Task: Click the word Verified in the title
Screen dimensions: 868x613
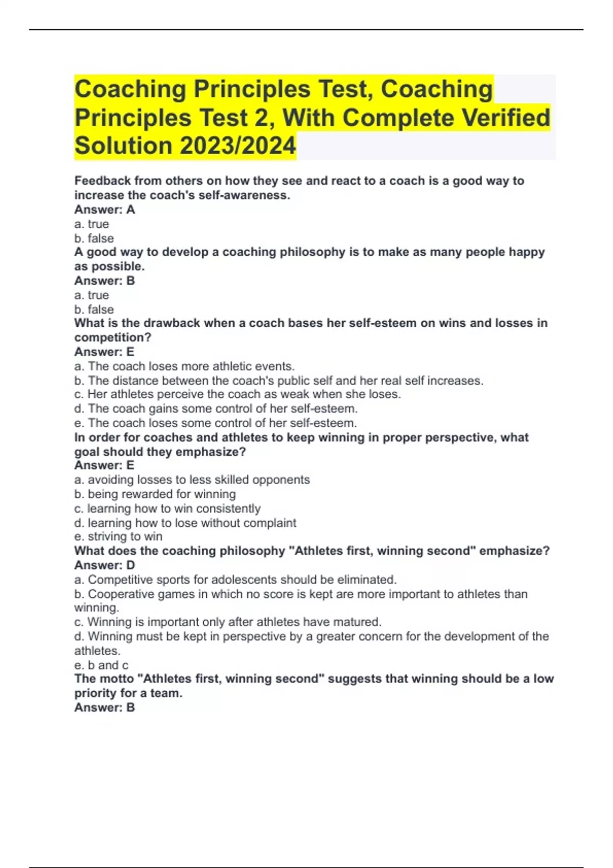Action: click(506, 117)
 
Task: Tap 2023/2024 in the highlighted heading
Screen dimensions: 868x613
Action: click(238, 146)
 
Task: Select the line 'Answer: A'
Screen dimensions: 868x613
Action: click(105, 209)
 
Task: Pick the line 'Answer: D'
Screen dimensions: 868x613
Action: click(105, 565)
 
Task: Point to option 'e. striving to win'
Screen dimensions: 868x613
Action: click(119, 537)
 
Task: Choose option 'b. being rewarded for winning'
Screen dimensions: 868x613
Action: click(155, 494)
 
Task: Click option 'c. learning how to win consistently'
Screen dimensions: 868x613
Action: click(168, 509)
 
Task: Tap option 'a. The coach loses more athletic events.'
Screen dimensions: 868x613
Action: click(184, 366)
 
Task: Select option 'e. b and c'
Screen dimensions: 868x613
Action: click(101, 665)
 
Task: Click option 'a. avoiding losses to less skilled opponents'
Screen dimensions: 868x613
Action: click(192, 479)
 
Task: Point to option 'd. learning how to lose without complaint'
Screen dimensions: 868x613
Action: click(185, 523)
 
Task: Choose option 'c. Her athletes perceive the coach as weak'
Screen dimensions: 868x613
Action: click(238, 394)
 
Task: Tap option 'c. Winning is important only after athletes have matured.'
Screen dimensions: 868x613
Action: click(228, 622)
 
